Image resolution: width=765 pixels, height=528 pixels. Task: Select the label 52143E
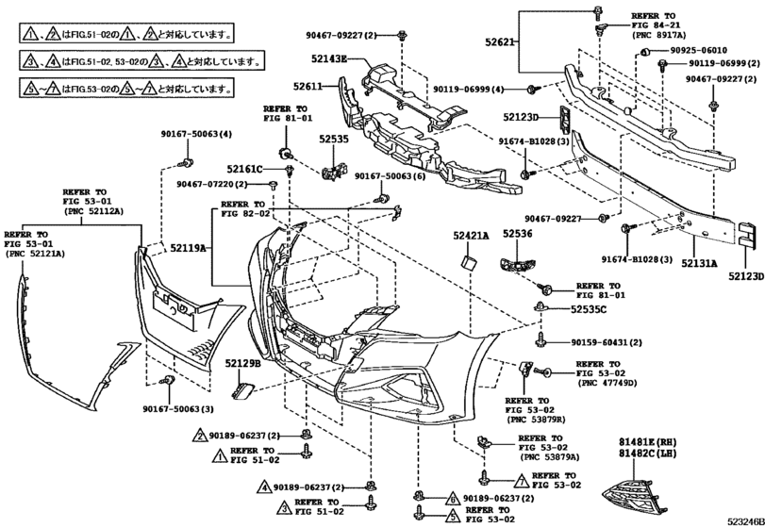[331, 58]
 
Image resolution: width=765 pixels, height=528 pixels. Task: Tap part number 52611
[308, 86]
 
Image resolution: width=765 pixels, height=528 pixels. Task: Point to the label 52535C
[588, 308]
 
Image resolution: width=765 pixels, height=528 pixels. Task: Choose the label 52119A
[189, 247]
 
